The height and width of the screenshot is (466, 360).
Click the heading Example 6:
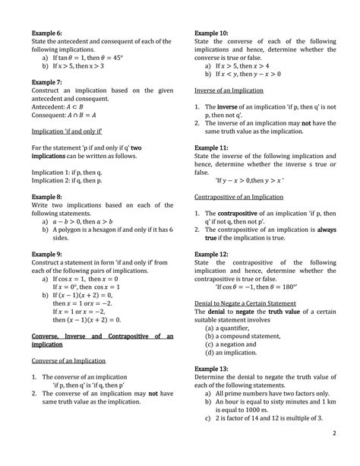click(x=46, y=34)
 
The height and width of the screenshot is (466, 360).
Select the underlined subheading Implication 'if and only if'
click(x=68, y=132)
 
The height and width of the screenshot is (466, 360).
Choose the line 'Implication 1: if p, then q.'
click(x=70, y=172)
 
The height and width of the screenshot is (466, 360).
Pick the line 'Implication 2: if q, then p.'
click(x=70, y=181)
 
